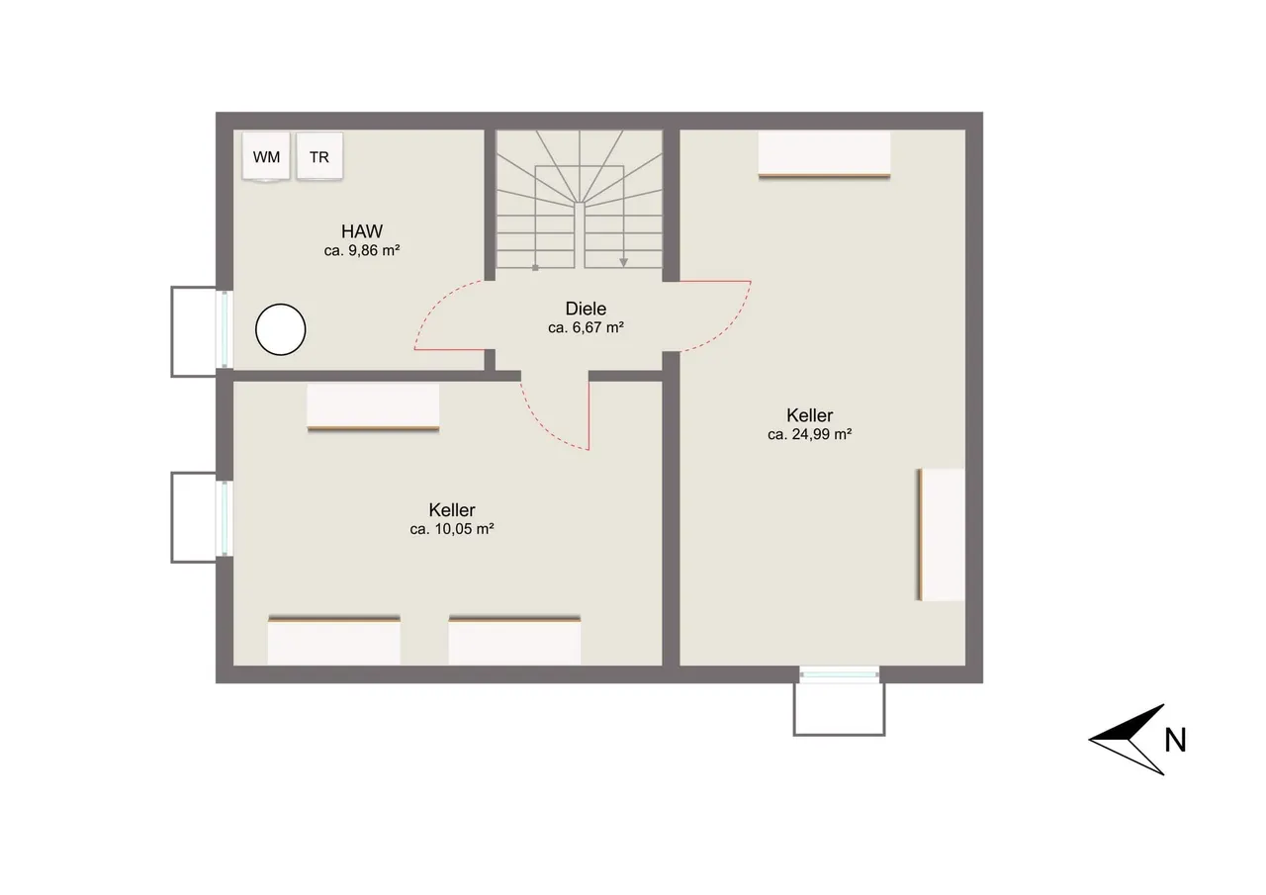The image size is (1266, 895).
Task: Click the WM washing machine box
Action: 266,157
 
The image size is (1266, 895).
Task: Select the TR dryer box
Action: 319,156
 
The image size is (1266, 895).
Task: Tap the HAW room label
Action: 362,231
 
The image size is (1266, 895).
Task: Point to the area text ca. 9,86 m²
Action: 362,250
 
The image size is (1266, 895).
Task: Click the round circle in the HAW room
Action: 280,329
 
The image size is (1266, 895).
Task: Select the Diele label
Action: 586,309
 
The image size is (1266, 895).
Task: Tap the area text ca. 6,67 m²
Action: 586,327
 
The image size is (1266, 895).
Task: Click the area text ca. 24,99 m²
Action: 809,434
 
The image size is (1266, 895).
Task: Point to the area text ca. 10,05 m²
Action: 452,529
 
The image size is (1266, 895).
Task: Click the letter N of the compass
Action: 1175,740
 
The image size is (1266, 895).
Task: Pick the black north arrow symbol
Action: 1127,740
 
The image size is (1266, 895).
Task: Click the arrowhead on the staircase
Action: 623,263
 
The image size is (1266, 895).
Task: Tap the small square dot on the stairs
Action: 535,268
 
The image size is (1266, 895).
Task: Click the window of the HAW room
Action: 225,329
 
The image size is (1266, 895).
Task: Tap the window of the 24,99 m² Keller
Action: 840,673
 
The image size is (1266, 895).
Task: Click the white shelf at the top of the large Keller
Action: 824,154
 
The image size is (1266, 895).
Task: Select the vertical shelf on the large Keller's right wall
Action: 941,534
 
